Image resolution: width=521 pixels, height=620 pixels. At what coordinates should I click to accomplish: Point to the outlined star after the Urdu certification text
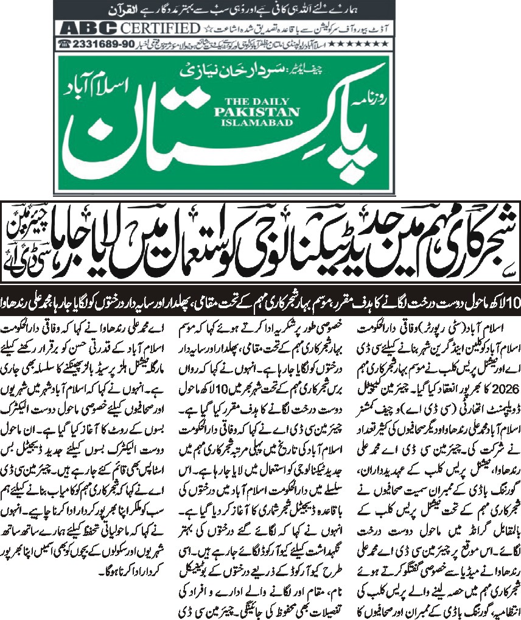click(208, 29)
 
